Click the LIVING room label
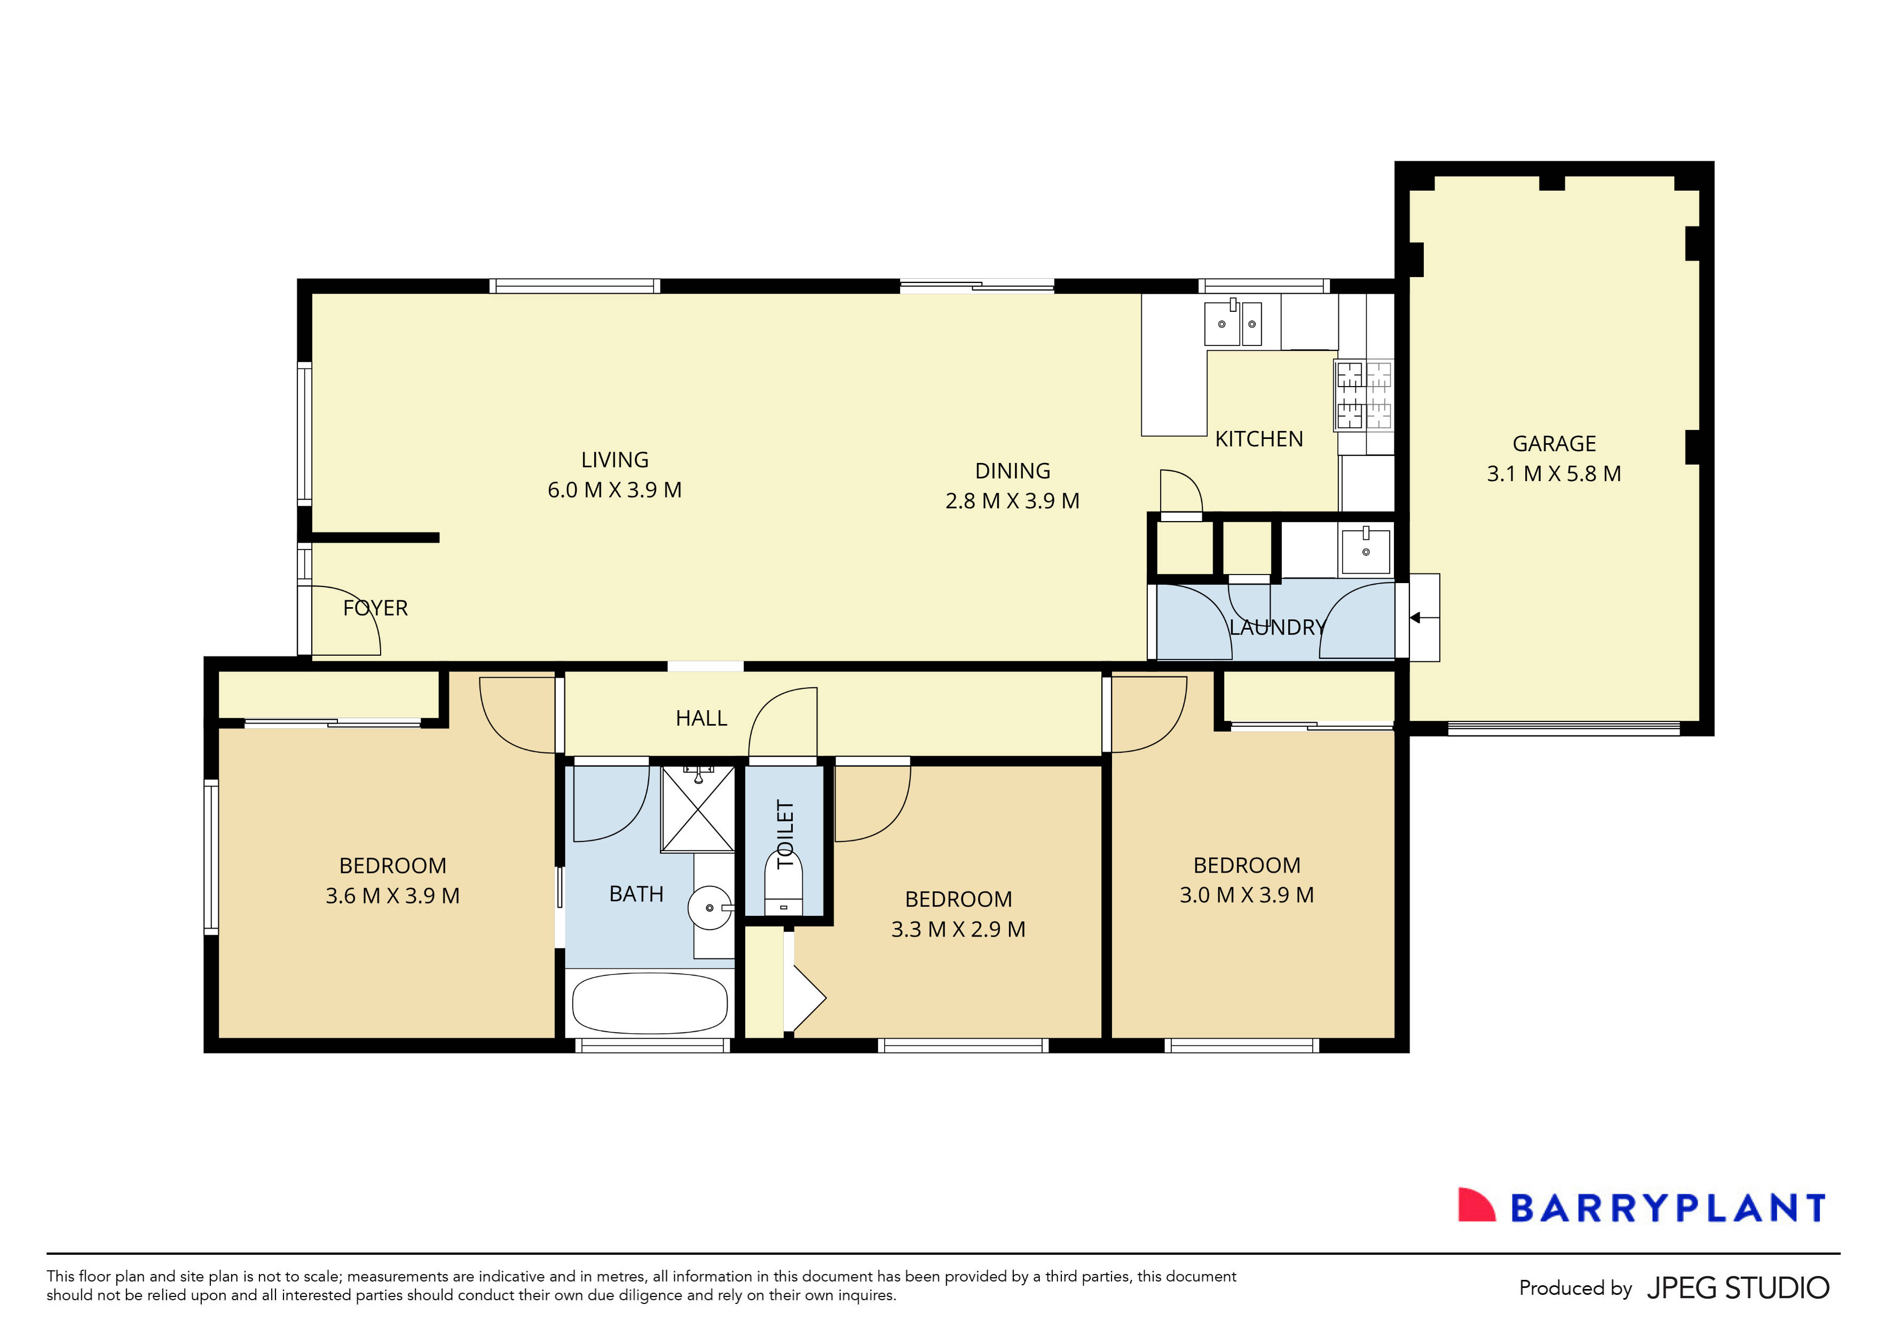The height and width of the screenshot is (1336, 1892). click(614, 460)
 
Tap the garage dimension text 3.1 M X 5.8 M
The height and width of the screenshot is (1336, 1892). click(1554, 474)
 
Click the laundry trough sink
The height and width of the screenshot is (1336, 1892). click(1366, 552)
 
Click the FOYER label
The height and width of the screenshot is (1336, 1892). click(375, 608)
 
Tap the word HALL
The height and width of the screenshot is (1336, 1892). click(701, 719)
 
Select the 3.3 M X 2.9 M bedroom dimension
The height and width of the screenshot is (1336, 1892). click(958, 930)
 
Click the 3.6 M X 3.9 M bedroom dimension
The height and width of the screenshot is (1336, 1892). click(392, 896)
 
